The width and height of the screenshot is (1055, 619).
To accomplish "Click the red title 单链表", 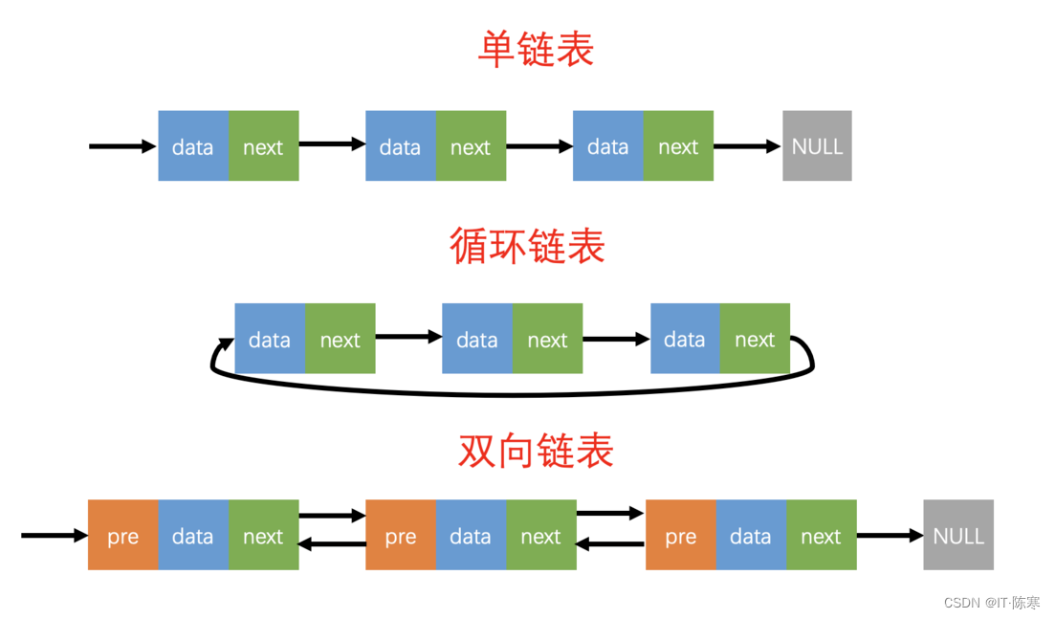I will coord(536,50).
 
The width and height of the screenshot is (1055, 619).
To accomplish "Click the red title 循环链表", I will coord(527,246).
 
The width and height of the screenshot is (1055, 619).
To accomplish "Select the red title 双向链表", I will coord(536,451).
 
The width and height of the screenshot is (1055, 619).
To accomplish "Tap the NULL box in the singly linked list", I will coord(817,146).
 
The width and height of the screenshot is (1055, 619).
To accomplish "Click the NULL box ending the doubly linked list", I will coord(957,535).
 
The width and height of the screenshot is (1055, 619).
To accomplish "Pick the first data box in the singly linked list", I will coord(193,146).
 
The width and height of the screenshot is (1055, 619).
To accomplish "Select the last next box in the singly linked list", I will coord(678,146).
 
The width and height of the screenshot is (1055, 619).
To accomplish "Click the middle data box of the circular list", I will coord(476,339).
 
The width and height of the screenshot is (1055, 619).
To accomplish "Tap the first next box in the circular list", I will coord(340,339).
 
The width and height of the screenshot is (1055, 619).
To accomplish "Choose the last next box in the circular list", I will coord(755,339).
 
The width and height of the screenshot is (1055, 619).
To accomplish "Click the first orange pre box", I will coord(122,535).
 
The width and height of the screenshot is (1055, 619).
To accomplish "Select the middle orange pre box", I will coord(401,535).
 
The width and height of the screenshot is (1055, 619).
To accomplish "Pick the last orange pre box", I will coord(680,535).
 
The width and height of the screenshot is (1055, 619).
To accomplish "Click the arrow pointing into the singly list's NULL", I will coord(747,146).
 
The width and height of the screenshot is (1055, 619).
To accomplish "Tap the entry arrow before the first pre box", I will coord(54,536).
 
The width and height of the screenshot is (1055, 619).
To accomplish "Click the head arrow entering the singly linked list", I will coord(121,146).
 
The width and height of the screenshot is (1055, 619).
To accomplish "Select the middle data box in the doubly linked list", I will coord(471,535).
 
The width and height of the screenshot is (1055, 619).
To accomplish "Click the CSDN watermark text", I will coord(991,603).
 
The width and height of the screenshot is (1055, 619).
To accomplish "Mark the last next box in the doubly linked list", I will coord(821,535).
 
